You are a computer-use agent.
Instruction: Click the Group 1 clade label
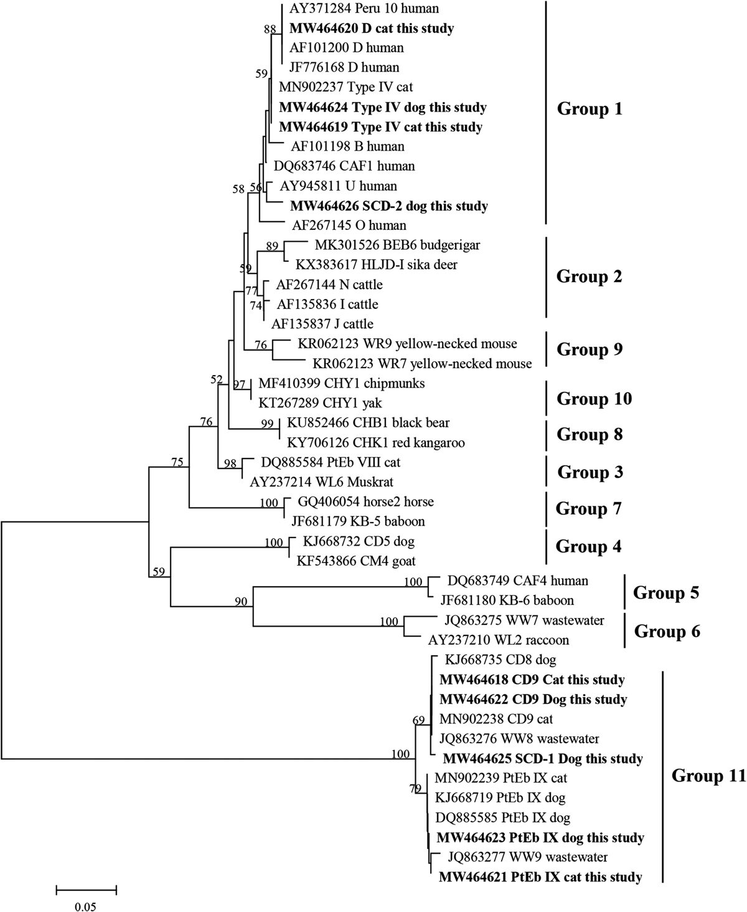click(590, 109)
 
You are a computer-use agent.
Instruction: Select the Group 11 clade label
click(708, 776)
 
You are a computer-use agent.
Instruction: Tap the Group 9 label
click(590, 349)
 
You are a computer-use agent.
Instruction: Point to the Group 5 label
click(666, 593)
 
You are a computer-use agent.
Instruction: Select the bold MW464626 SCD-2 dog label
click(389, 206)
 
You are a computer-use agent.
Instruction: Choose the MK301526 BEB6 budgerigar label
click(398, 245)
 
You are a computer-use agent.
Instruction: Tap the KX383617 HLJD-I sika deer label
click(377, 265)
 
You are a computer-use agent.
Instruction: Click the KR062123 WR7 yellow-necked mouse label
click(422, 364)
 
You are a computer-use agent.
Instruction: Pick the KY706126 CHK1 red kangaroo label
click(376, 443)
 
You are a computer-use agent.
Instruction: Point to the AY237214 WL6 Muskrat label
click(321, 482)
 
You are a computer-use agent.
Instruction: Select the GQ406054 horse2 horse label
click(365, 501)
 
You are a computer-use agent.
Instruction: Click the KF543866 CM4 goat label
click(356, 561)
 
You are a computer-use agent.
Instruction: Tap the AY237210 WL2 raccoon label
click(499, 640)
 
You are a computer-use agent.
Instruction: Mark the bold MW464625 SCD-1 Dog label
click(543, 759)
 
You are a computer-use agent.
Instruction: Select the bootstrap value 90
click(241, 601)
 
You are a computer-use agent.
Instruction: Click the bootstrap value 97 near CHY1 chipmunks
click(239, 384)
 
